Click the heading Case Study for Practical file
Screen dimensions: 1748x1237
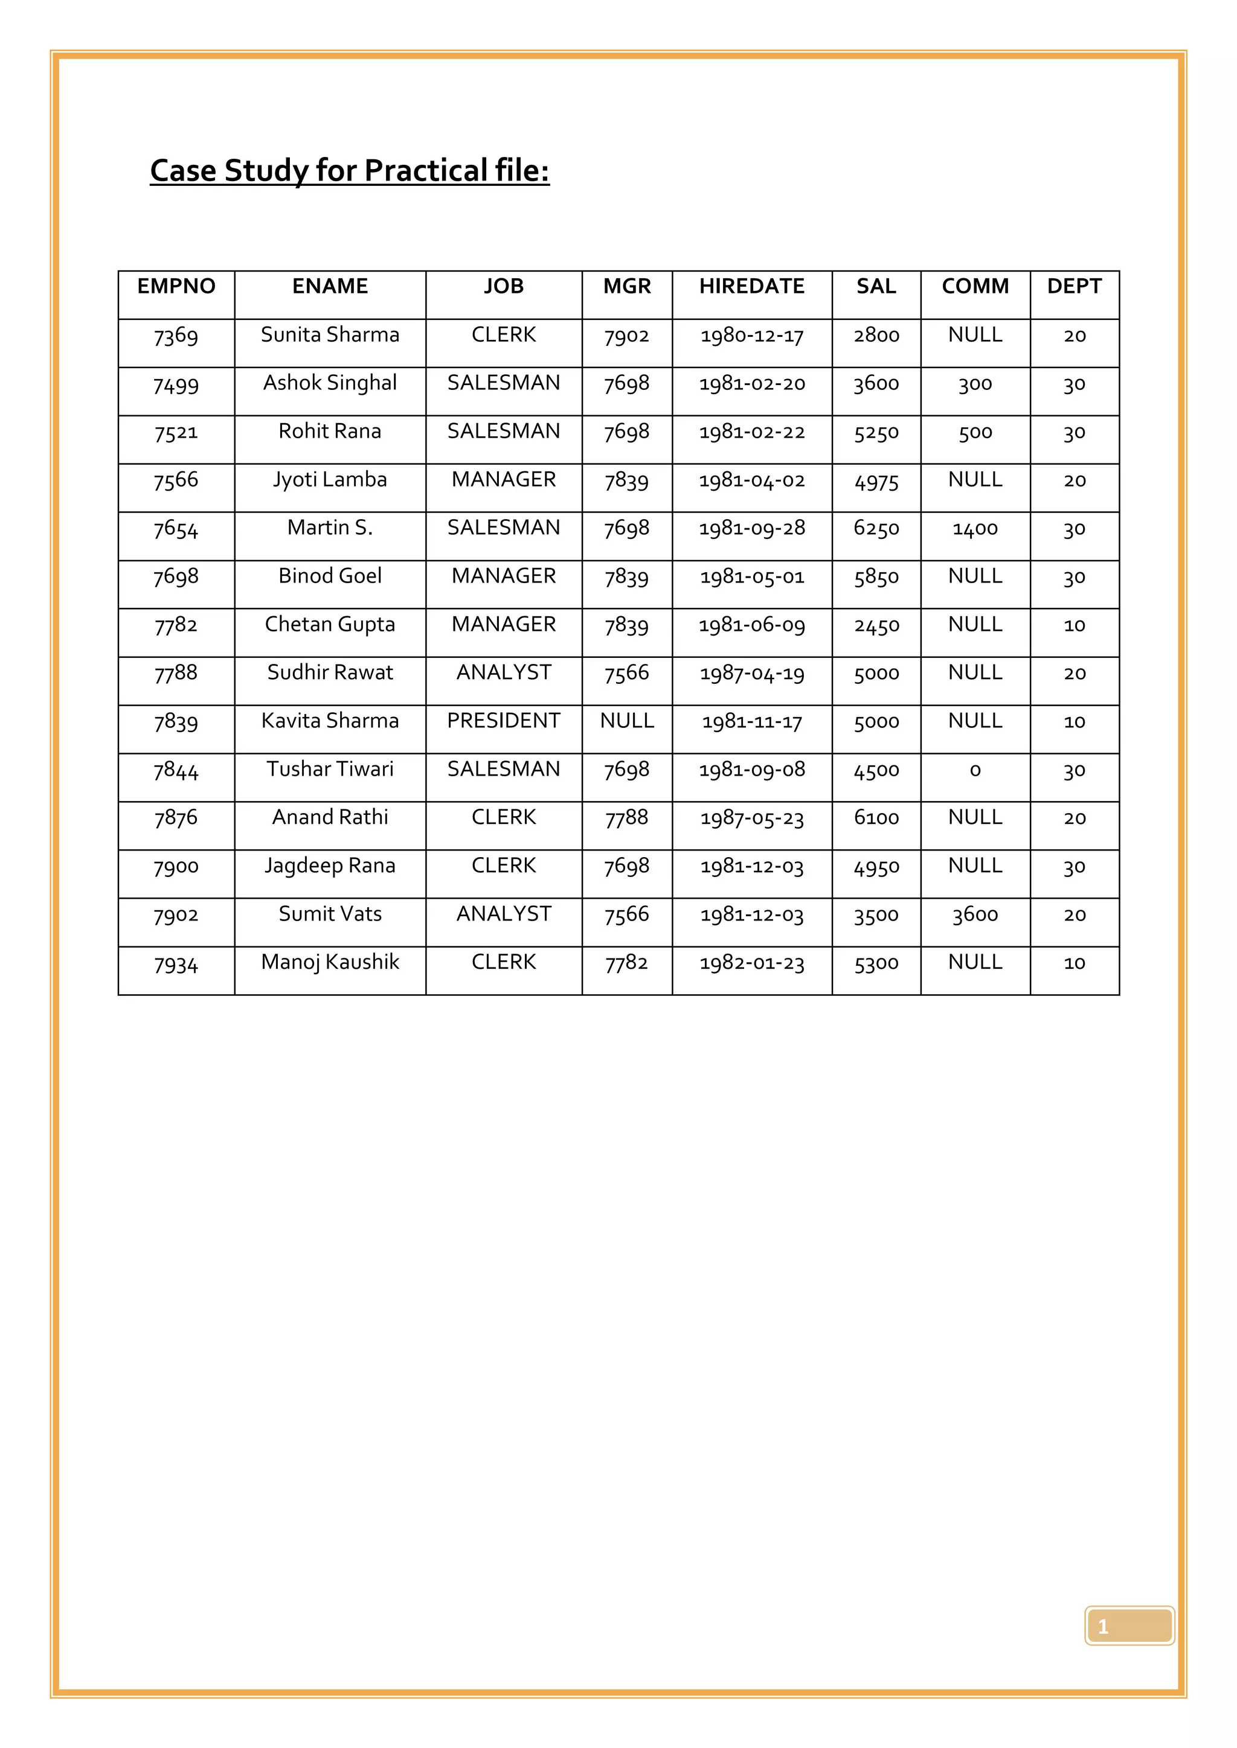pos(350,171)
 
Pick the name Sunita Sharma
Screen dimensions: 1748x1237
pos(330,335)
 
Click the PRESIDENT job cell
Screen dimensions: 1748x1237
pos(504,721)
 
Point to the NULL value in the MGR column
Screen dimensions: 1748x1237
pos(627,721)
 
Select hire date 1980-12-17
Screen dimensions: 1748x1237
pos(752,336)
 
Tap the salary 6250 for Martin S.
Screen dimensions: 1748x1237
pos(876,528)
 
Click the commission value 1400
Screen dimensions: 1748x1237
pos(975,528)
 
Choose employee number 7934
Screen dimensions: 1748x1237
pos(176,965)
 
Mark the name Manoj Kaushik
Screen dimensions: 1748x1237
pos(330,962)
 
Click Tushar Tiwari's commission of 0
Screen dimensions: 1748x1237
pos(975,770)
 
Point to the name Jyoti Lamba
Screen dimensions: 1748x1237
pos(330,480)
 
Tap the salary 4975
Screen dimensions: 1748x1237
pos(876,481)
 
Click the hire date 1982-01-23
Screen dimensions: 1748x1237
pos(752,964)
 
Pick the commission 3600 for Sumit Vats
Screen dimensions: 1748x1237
pos(975,915)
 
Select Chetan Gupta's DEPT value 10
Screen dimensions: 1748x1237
pos(1074,625)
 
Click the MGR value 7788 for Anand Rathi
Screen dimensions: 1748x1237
pos(627,818)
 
